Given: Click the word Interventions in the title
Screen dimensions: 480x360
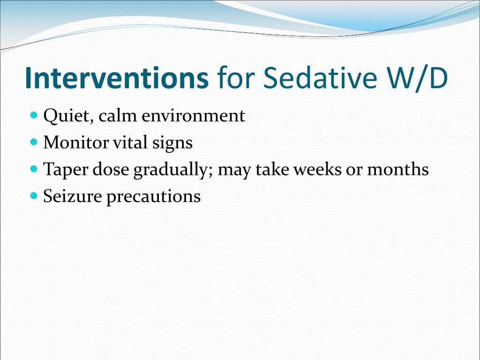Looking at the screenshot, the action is tap(117, 78).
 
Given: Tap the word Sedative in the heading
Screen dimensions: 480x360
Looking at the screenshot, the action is tap(320, 78).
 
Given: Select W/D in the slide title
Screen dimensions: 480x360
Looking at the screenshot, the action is tap(417, 78).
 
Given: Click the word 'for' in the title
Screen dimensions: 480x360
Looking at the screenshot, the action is tap(236, 78).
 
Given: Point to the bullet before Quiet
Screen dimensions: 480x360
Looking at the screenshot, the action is tap(34, 115).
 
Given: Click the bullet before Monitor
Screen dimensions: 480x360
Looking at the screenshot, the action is tap(34, 142).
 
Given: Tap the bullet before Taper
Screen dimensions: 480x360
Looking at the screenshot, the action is tap(34, 169).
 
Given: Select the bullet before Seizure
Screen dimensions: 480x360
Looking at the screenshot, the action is tap(34, 195).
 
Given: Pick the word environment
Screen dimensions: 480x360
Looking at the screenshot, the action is tap(194, 116).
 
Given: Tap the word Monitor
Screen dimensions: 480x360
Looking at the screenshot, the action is tap(76, 142).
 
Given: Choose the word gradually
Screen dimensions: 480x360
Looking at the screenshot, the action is tap(173, 170).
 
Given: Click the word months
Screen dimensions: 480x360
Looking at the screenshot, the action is tap(398, 169).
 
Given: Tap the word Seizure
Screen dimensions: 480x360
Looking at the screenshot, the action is tap(73, 196).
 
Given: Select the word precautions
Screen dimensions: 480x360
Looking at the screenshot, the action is tap(153, 197).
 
